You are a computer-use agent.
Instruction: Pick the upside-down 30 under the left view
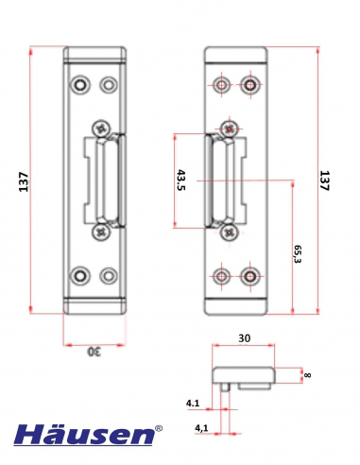point(93,352)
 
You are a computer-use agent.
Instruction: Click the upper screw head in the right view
point(228,128)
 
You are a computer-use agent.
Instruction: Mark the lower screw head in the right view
point(228,231)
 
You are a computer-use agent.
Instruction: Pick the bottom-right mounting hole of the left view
point(109,276)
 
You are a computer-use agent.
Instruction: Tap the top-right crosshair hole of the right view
point(250,86)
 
